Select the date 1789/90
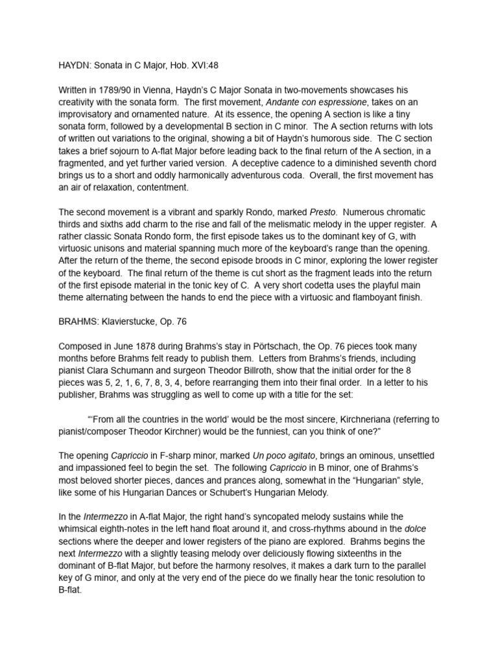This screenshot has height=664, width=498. click(x=121, y=89)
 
